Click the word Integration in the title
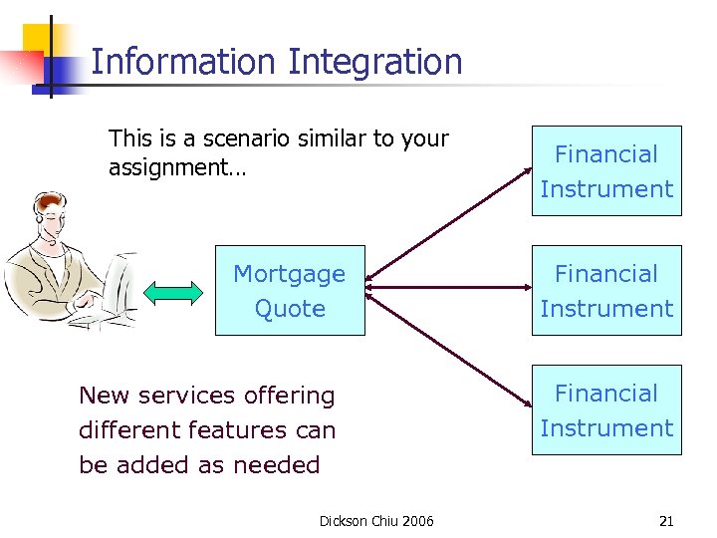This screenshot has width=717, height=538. click(375, 62)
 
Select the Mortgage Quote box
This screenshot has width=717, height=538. click(290, 290)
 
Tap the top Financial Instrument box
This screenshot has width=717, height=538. click(606, 171)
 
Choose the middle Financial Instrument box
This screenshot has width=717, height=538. click(606, 291)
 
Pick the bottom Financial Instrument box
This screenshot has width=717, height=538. click(606, 409)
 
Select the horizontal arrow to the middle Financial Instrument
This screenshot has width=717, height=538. click(448, 289)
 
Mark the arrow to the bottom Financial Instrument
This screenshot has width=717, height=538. click(448, 349)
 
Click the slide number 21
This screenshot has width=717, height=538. click(666, 521)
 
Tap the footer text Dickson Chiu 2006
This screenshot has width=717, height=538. click(376, 521)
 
